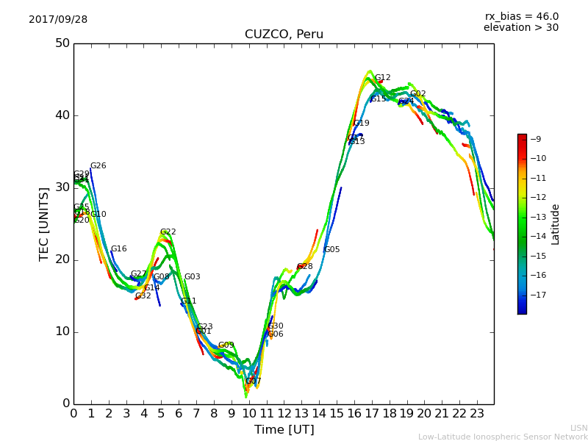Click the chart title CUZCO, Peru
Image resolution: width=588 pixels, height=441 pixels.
[x=284, y=35]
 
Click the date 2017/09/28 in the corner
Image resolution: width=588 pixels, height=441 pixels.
[x=58, y=20]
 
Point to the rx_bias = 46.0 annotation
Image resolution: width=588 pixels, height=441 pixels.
[x=521, y=16]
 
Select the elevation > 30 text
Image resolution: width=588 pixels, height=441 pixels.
[x=521, y=28]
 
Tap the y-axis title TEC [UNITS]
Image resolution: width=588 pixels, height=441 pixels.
[x=45, y=223]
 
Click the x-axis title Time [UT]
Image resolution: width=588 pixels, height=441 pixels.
[x=284, y=429]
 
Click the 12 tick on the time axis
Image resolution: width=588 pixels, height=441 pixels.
[x=284, y=414]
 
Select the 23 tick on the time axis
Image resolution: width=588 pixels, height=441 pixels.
[x=477, y=414]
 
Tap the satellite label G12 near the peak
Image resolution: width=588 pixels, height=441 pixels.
[x=383, y=78]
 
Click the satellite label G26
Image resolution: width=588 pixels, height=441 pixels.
[x=98, y=166]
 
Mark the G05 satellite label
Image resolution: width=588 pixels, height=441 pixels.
[x=332, y=250]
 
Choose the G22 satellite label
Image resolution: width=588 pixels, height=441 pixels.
[x=168, y=232]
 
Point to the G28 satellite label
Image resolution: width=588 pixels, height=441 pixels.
[x=305, y=267]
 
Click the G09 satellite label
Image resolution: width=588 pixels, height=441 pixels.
[x=226, y=345]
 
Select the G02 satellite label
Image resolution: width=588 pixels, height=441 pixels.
[x=418, y=94]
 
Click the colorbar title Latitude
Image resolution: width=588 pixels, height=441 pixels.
[x=556, y=224]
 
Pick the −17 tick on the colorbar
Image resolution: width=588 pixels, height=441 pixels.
[x=537, y=295]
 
